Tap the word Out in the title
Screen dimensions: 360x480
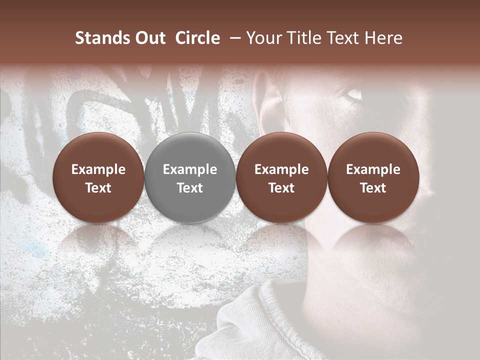pyautogui.click(x=148, y=38)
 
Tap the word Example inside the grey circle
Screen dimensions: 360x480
pyautogui.click(x=190, y=169)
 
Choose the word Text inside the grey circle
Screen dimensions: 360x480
pyautogui.click(x=190, y=188)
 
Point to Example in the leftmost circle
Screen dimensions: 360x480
pyautogui.click(x=98, y=169)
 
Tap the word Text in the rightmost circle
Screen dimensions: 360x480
pyautogui.click(x=373, y=188)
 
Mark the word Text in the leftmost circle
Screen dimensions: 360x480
pyautogui.click(x=98, y=188)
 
